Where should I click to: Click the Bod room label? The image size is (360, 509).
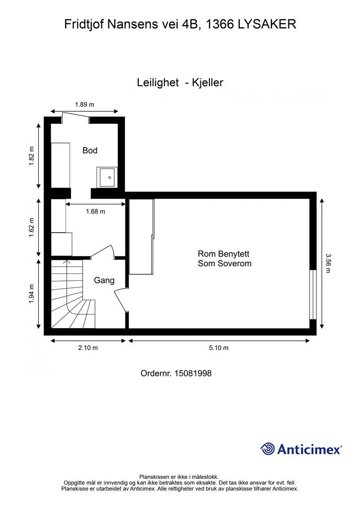click(x=90, y=150)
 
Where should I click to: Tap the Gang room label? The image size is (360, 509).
click(x=104, y=280)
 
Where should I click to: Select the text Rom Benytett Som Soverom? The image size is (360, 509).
click(x=225, y=258)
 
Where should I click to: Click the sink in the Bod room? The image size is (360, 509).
click(x=107, y=177)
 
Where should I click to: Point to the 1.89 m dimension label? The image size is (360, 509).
click(x=85, y=104)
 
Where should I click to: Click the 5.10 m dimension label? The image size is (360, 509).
click(x=219, y=347)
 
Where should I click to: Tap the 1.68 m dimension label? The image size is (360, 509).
click(x=95, y=211)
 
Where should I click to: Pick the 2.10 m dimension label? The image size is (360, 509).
click(x=88, y=347)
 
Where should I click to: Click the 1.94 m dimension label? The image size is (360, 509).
click(x=31, y=294)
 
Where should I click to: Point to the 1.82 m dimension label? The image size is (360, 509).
click(x=31, y=157)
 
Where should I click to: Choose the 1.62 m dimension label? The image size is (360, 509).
click(x=31, y=227)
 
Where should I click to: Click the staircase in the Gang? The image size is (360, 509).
click(x=73, y=294)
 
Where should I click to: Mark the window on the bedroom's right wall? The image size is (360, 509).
click(x=313, y=295)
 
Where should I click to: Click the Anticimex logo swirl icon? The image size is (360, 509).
click(x=268, y=449)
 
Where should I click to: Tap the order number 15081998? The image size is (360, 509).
click(x=193, y=373)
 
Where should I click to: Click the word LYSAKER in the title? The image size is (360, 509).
click(x=267, y=24)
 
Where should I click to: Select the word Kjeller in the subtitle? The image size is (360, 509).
click(x=207, y=83)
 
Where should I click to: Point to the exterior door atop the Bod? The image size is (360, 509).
click(x=76, y=117)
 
